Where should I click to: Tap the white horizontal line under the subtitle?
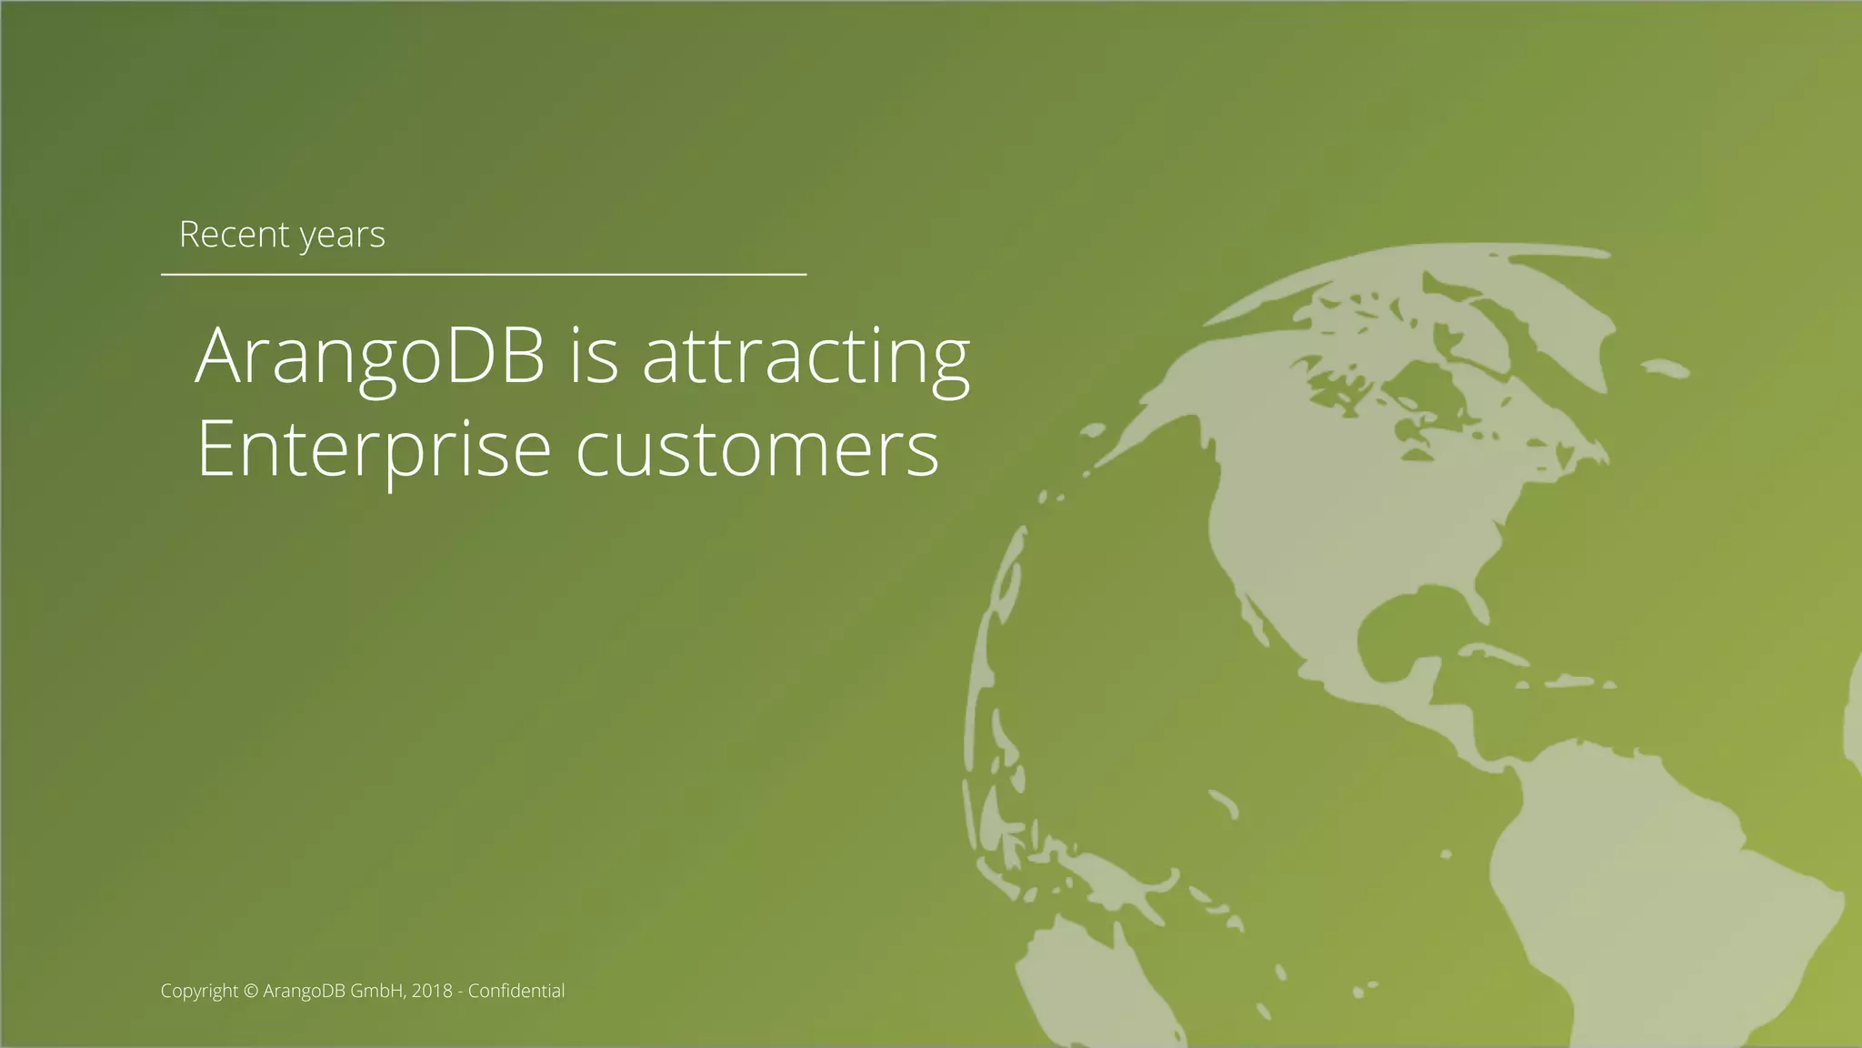click(x=484, y=273)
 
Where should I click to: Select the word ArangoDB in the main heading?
click(x=370, y=356)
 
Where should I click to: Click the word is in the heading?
click(x=594, y=356)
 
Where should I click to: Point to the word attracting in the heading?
click(x=806, y=358)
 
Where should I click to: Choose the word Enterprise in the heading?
click(x=374, y=449)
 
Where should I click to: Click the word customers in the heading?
click(x=757, y=449)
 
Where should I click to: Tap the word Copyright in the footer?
click(x=199, y=991)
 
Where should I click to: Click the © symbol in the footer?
click(x=252, y=991)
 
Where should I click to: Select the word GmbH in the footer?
click(x=376, y=991)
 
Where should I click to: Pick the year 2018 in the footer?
click(x=432, y=991)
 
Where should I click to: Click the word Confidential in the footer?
click(x=516, y=991)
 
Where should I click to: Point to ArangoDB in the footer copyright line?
click(x=305, y=991)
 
